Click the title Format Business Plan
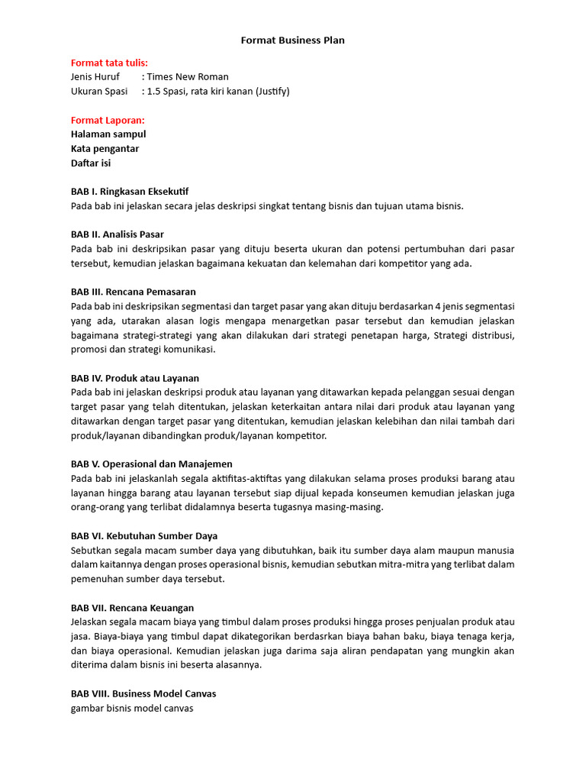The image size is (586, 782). [x=293, y=40]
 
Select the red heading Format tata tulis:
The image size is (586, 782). [x=109, y=63]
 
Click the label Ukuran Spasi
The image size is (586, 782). [x=99, y=92]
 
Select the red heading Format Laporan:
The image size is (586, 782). [x=108, y=120]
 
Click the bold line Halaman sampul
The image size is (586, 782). [x=108, y=134]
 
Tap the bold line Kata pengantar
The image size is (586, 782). [x=105, y=149]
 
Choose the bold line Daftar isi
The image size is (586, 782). [x=91, y=163]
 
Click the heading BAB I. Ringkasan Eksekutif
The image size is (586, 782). [x=130, y=192]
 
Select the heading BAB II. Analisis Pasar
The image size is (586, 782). [x=118, y=234]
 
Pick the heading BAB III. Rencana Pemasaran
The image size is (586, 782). [x=134, y=292]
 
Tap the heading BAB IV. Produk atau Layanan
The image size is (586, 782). [x=135, y=378]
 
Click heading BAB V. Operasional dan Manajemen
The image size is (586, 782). [x=152, y=464]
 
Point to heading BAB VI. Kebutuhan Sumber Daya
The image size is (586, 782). [x=144, y=536]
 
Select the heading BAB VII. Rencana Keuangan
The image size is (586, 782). [x=132, y=608]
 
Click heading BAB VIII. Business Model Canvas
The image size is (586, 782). [x=143, y=694]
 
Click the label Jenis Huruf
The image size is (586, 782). [x=95, y=77]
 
